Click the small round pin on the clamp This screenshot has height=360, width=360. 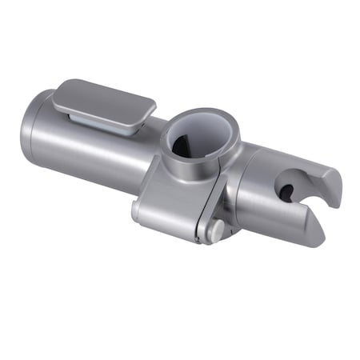point(216,230)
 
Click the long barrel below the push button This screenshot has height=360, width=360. point(96,156)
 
